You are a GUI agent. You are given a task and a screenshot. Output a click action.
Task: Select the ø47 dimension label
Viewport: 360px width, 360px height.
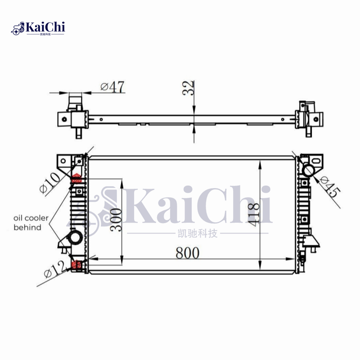(x=112, y=87)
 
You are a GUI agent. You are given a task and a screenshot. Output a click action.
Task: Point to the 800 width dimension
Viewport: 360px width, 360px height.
(x=187, y=253)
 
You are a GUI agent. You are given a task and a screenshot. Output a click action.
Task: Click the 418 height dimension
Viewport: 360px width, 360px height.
(x=254, y=214)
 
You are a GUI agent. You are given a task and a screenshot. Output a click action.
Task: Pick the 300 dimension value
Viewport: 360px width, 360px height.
(x=116, y=219)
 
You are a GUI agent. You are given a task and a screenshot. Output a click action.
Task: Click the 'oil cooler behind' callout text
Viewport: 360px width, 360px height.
(x=31, y=222)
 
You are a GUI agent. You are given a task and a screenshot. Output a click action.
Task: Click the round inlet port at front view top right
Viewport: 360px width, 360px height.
(x=309, y=170)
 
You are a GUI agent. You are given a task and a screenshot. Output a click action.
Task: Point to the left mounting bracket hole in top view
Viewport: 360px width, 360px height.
(x=64, y=120)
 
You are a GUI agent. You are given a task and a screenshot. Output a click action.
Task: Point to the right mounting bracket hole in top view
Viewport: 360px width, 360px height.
(x=315, y=120)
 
